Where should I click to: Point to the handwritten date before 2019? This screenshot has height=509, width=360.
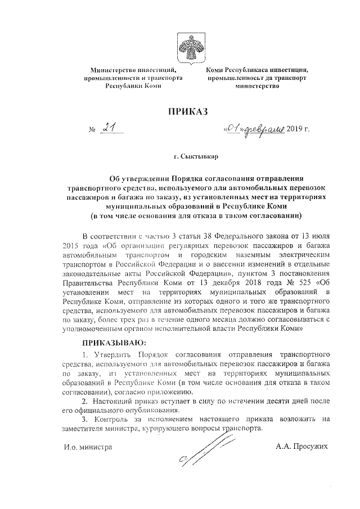point(253,130)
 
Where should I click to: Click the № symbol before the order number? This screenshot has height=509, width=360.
point(93,131)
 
